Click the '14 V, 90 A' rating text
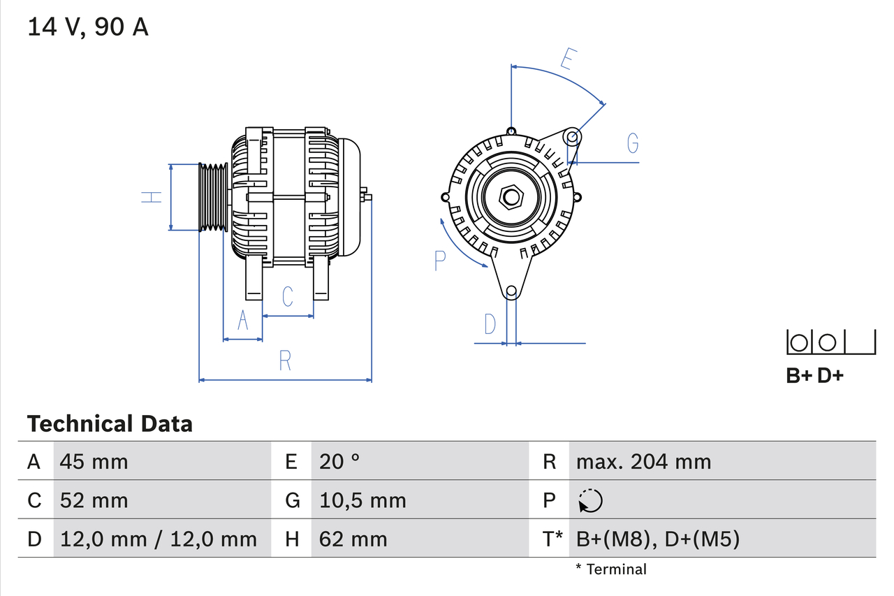tap(88, 27)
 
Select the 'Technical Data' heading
tap(110, 424)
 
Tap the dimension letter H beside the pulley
tap(152, 197)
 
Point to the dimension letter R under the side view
tap(284, 361)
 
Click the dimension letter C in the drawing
tap(288, 296)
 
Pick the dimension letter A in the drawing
tap(243, 320)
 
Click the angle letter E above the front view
tap(568, 60)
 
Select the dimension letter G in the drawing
tap(632, 143)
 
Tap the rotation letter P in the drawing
tap(439, 261)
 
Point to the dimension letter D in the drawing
tap(490, 324)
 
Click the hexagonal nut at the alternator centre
tap(511, 197)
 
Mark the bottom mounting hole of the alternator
tap(511, 291)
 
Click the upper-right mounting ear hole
tap(572, 136)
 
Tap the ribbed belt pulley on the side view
tap(214, 197)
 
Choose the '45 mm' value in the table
tap(94, 462)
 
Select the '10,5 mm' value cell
tap(362, 501)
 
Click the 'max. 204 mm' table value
tap(643, 462)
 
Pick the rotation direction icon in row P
tap(590, 501)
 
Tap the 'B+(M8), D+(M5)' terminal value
tap(657, 539)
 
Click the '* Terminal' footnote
tap(611, 569)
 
